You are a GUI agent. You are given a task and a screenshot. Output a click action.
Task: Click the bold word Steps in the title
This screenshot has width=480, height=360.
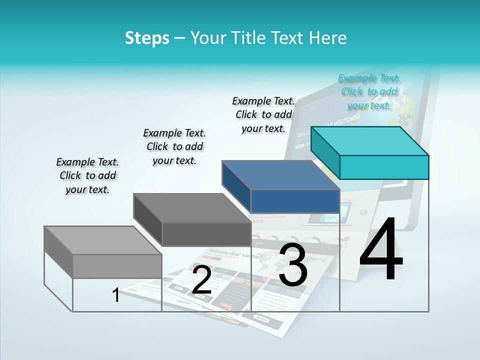pyautogui.click(x=147, y=38)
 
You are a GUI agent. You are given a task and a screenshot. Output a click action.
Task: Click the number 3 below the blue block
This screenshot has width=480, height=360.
pyautogui.click(x=293, y=264)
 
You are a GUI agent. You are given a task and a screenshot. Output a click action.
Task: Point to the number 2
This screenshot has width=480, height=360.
pyautogui.click(x=201, y=280)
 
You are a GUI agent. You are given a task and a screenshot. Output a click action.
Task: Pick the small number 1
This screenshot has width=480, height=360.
pyautogui.click(x=116, y=295)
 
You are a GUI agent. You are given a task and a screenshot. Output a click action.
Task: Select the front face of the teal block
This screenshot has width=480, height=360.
pyautogui.click(x=384, y=167)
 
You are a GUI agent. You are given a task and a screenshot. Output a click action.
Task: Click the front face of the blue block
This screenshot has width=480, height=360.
pyautogui.click(x=295, y=201)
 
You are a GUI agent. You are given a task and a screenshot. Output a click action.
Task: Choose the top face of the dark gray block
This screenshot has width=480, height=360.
pyautogui.click(x=192, y=207)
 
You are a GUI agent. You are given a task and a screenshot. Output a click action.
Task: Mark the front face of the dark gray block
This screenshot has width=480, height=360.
pyautogui.click(x=206, y=234)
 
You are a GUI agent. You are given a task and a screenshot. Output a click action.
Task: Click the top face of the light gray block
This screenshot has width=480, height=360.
pyautogui.click(x=103, y=240)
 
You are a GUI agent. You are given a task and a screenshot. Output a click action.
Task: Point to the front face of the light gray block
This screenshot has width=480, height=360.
pyautogui.click(x=117, y=266)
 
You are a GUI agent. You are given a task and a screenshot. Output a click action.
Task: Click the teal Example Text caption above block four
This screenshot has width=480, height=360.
pyautogui.click(x=369, y=92)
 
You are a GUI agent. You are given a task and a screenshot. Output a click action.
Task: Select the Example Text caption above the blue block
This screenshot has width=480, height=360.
pyautogui.click(x=263, y=114)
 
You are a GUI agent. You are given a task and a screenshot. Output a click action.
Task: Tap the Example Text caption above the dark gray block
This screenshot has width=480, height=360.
pyautogui.click(x=174, y=146)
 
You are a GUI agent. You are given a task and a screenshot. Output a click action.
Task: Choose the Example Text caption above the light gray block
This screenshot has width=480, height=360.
pyautogui.click(x=87, y=175)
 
